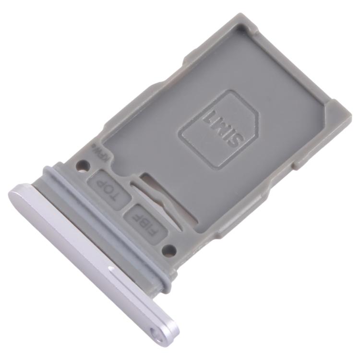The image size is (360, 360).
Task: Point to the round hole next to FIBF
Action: click(168, 249)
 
